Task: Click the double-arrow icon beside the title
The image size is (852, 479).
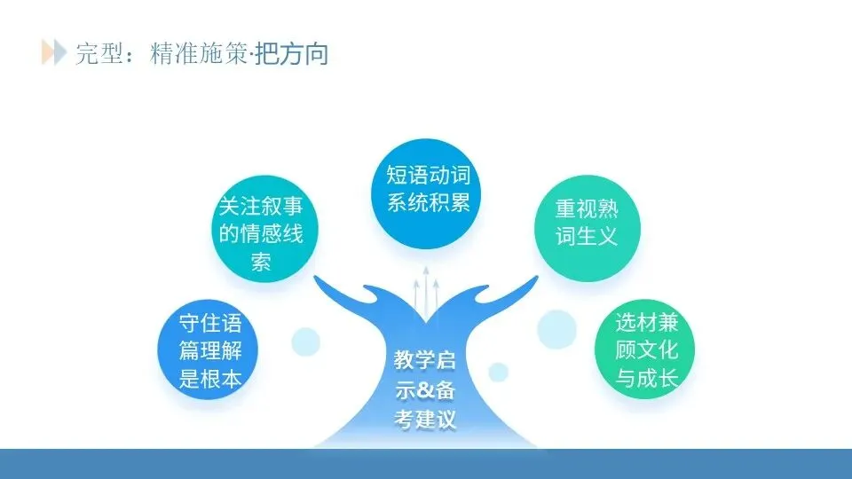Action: click(53, 51)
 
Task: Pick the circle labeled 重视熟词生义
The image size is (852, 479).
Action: click(586, 222)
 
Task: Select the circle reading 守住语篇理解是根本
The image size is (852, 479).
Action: click(210, 350)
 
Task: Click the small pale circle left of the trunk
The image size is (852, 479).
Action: click(305, 340)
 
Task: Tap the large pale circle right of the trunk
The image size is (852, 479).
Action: click(556, 327)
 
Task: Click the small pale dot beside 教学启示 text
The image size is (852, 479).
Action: click(499, 371)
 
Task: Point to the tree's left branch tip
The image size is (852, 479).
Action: click(319, 282)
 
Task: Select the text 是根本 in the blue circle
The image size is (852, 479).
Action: click(210, 380)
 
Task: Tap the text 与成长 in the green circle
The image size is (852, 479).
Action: click(646, 379)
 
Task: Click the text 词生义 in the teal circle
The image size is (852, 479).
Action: click(586, 236)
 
